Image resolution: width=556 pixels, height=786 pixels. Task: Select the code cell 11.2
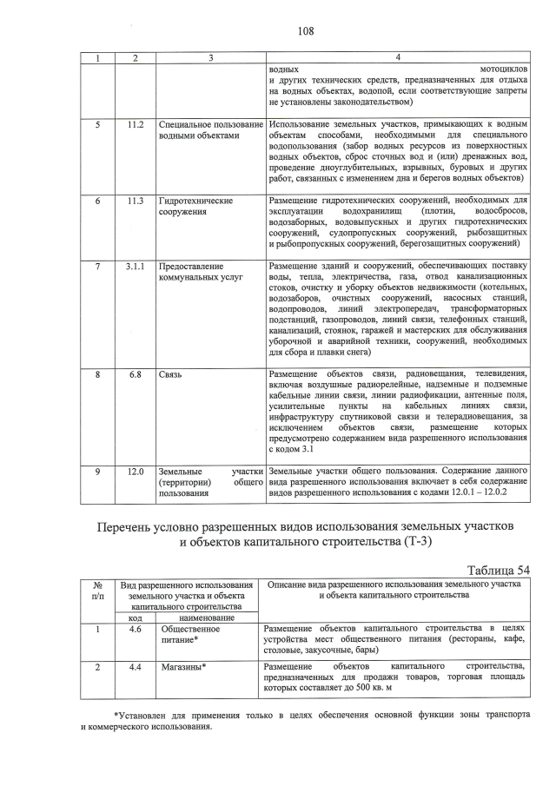[135, 125]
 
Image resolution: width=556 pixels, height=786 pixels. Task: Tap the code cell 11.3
[135, 201]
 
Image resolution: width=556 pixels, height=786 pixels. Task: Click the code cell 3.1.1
[135, 266]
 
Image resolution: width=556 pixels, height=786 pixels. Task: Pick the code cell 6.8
[135, 374]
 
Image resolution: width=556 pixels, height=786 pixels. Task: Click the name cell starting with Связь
[172, 374]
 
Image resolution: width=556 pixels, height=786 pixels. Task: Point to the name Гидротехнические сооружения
[195, 206]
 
